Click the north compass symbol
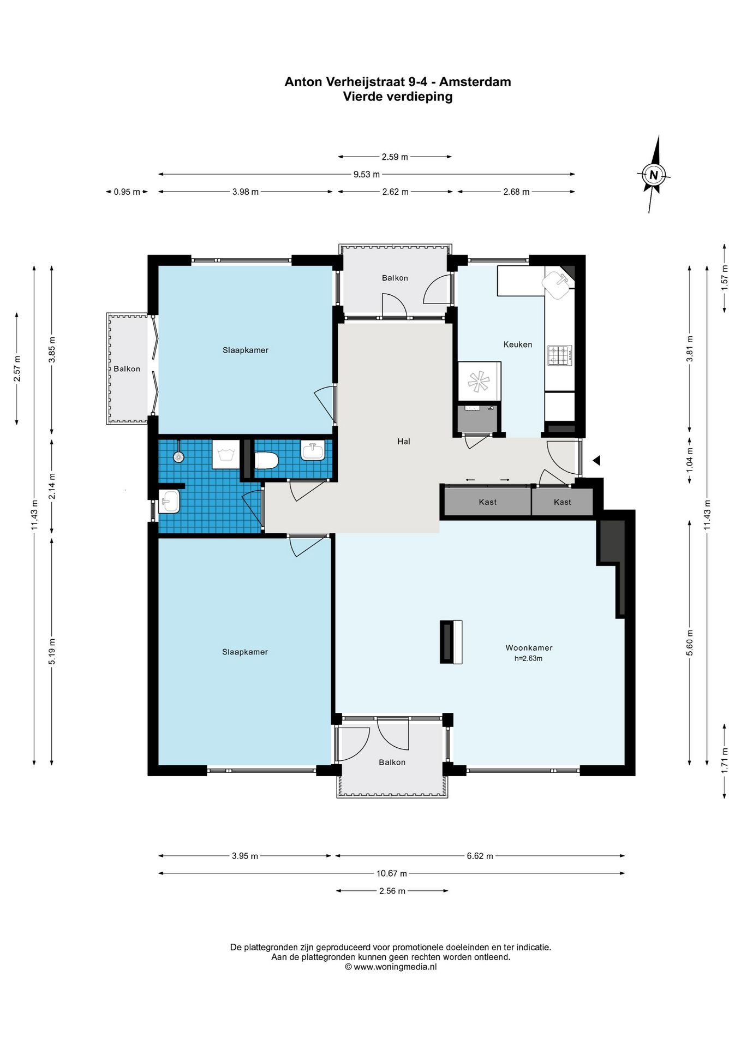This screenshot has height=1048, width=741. point(654,175)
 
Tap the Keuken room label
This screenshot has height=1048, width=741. point(517,344)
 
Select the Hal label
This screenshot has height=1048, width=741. point(403,442)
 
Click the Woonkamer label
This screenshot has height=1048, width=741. point(529,648)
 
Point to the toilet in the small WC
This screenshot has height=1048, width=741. point(267,461)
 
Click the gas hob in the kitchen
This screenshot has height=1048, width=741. point(560,355)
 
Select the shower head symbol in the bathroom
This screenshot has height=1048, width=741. point(178,456)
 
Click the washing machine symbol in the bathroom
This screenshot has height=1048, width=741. point(225,454)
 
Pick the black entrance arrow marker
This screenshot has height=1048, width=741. point(596,460)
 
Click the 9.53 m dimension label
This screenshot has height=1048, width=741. point(366,175)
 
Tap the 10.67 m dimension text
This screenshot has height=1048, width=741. point(391,873)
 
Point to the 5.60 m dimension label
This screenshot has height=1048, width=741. point(690,642)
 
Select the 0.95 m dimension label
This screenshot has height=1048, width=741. point(127,192)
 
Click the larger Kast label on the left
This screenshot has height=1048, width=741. point(487,502)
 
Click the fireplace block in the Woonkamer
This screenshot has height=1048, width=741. point(451,642)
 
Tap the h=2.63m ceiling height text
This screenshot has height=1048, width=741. point(528,658)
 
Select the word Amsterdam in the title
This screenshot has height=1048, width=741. point(475,82)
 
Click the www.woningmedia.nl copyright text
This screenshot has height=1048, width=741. point(391,967)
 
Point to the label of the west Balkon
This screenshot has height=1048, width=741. point(127,369)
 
